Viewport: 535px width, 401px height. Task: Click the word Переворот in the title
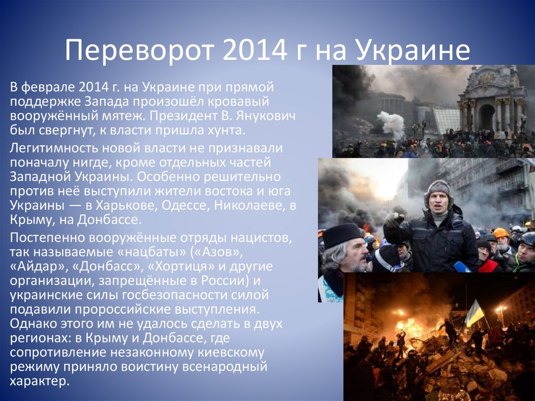[x=132, y=51]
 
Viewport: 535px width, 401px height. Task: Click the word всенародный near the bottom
[x=228, y=366]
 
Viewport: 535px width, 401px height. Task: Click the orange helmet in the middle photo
[x=501, y=233]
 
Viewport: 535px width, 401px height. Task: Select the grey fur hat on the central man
[x=438, y=189]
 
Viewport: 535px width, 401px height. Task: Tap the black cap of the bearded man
[x=342, y=235]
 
